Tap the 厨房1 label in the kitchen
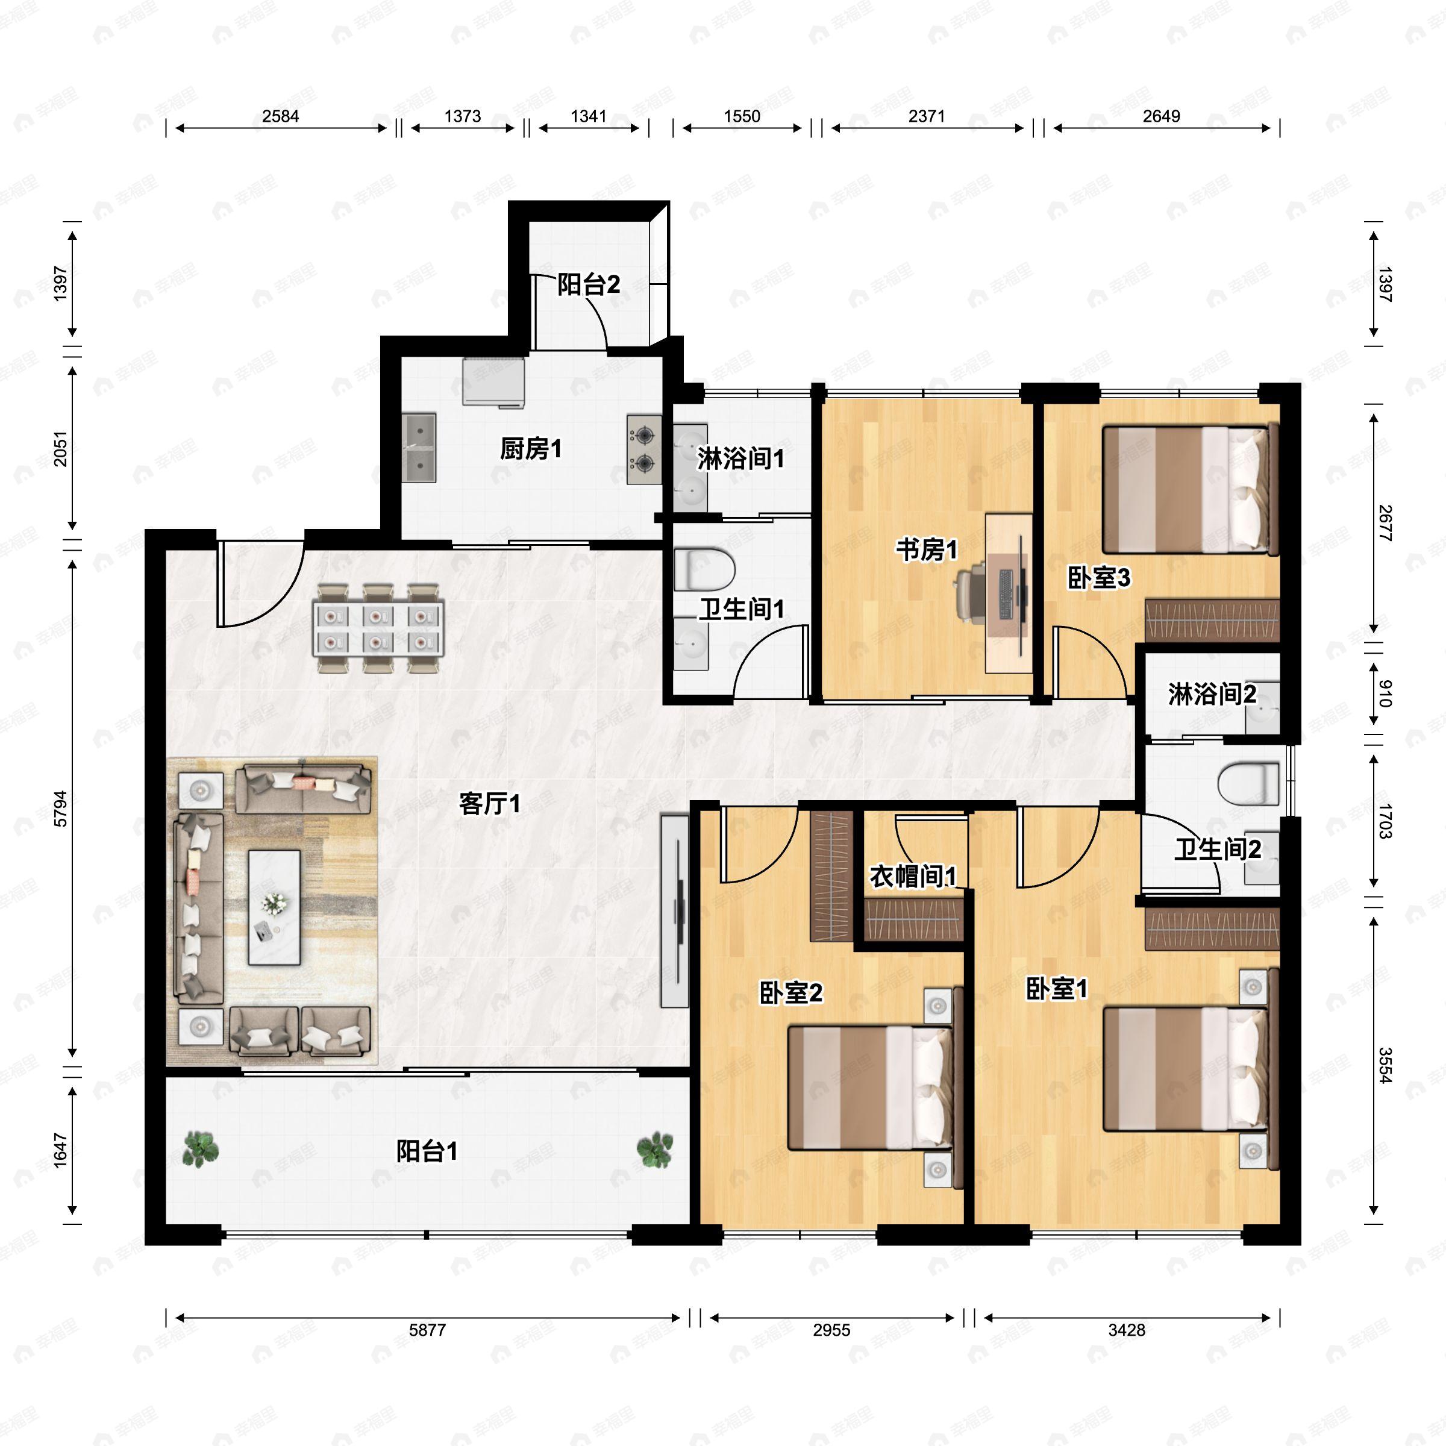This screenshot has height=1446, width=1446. click(x=531, y=449)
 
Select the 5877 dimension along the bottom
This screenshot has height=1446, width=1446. click(x=427, y=1330)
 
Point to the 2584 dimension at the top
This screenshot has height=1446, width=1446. click(x=281, y=116)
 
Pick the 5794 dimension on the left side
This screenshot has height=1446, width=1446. click(x=61, y=809)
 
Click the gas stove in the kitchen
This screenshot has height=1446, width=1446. click(x=643, y=450)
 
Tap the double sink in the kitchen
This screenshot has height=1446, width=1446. click(x=419, y=448)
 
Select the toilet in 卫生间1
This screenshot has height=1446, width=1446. click(x=704, y=569)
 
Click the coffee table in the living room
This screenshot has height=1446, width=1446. click(x=275, y=907)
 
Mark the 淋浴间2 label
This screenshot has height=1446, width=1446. click(x=1212, y=695)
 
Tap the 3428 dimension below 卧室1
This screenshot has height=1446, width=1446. click(x=1127, y=1330)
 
